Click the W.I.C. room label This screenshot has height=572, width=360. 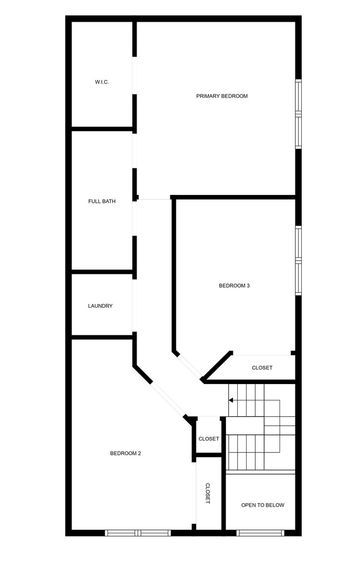(102, 82)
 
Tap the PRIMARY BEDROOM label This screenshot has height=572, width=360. (222, 96)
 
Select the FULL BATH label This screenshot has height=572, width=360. (102, 201)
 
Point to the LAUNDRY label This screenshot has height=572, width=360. (100, 306)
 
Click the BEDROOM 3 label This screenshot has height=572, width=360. (234, 286)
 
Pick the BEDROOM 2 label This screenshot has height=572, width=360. (125, 453)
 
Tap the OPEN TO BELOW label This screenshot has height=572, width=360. (263, 505)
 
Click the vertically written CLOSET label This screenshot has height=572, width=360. (208, 493)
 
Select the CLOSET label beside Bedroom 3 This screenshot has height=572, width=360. (262, 368)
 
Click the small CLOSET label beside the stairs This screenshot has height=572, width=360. (209, 439)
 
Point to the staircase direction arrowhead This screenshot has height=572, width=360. (231, 400)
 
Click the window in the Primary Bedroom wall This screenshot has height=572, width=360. (298, 114)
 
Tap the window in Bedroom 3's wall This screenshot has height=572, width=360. (298, 261)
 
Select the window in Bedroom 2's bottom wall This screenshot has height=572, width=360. (138, 533)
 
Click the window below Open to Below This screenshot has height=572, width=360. (260, 533)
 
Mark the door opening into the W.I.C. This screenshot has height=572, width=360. (134, 75)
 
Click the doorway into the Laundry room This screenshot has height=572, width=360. (134, 306)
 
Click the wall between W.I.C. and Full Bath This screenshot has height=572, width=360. (102, 129)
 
